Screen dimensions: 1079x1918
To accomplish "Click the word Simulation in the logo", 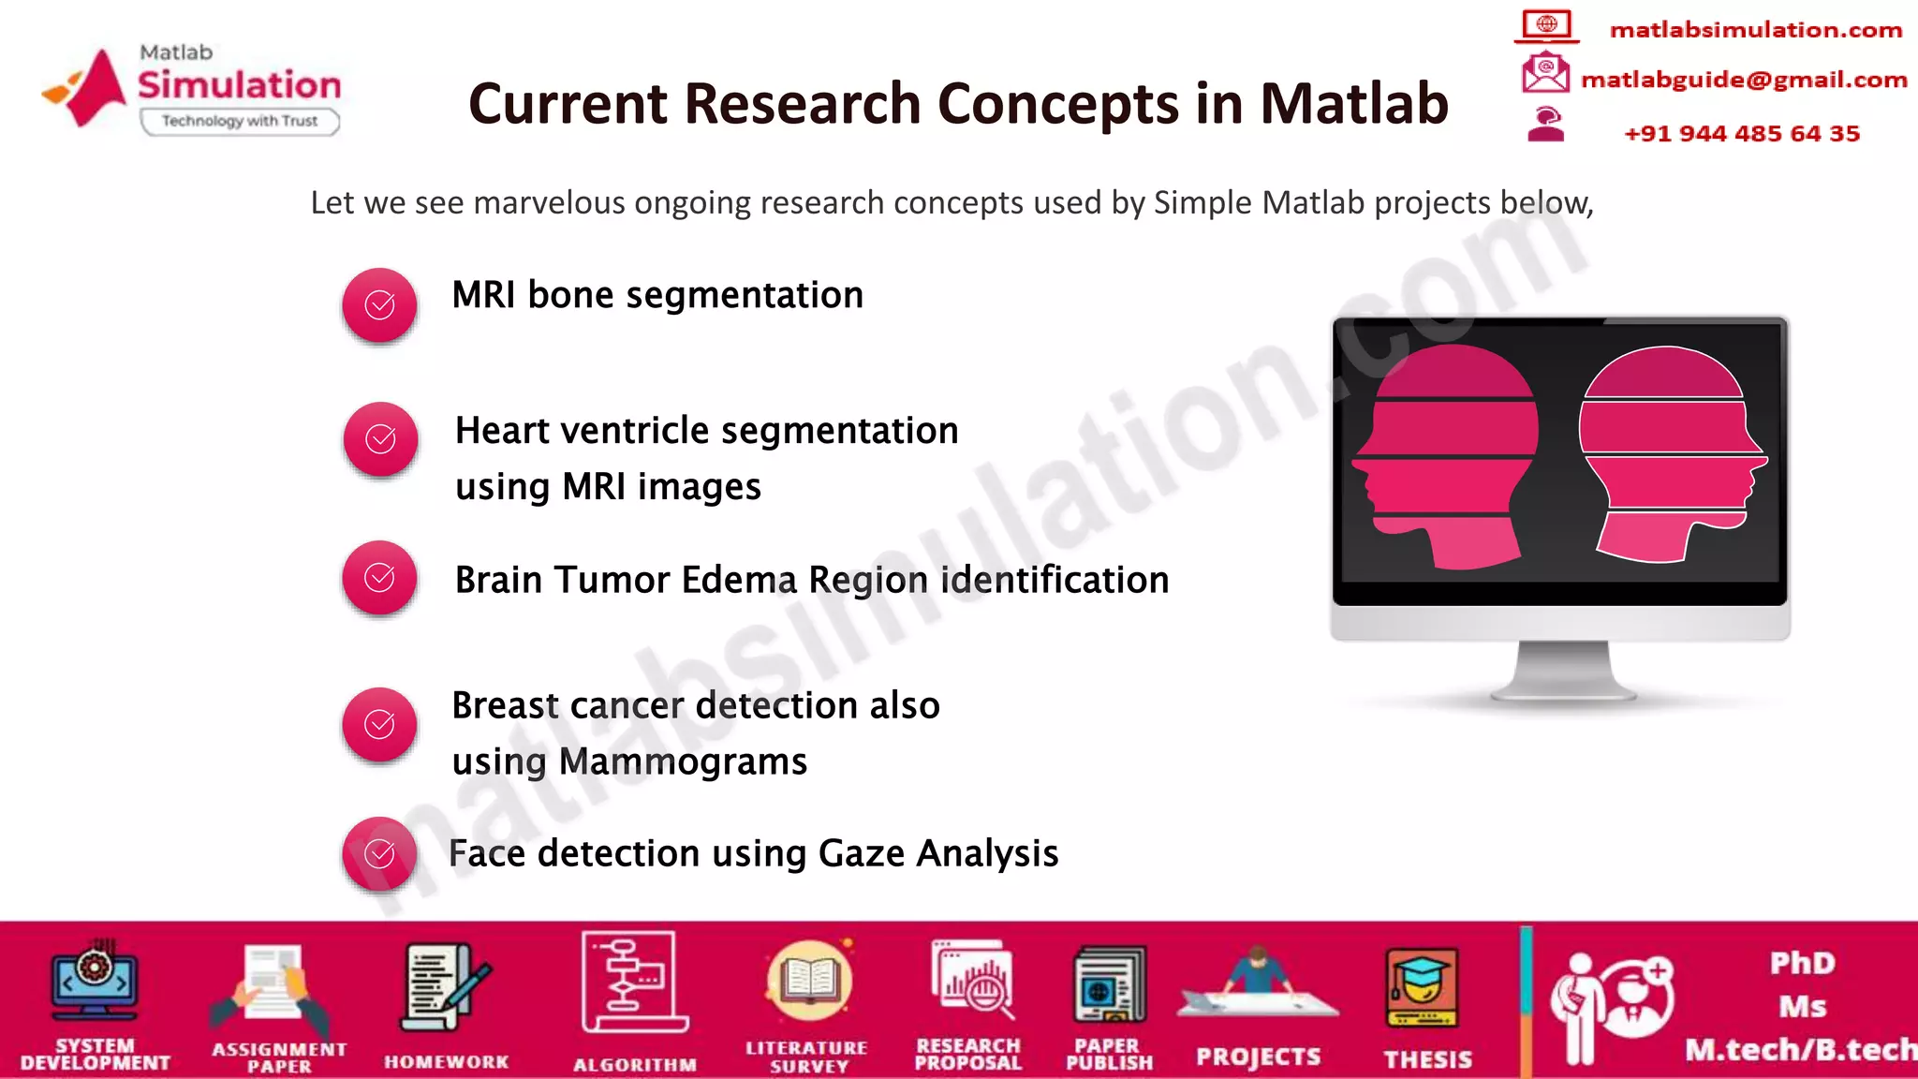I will click(239, 85).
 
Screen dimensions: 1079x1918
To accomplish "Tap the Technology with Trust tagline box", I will click(240, 122).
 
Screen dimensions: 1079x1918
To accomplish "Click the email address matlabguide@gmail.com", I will click(1743, 81).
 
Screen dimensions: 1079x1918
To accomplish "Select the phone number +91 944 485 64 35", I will click(1741, 134).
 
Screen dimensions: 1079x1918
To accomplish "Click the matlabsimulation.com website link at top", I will click(1755, 30).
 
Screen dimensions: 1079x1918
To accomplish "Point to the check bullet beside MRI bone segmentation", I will click(379, 305).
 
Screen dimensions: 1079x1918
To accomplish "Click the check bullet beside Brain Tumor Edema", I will click(379, 578).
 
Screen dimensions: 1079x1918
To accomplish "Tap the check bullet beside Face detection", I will click(379, 853).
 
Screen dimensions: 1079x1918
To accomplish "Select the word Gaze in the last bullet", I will click(862, 853).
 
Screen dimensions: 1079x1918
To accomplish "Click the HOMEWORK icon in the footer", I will click(445, 989).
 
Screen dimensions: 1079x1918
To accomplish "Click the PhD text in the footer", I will click(1802, 963).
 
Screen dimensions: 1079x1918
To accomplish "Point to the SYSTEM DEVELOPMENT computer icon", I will click(95, 982).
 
